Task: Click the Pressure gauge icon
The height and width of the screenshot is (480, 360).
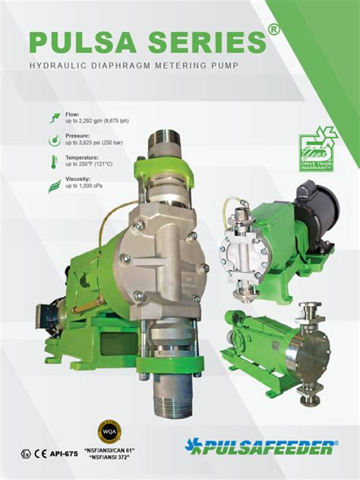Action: pos(55,140)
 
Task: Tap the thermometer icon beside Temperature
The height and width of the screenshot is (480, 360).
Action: pos(55,162)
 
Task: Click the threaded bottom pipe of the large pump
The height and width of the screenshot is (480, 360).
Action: pos(175,399)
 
